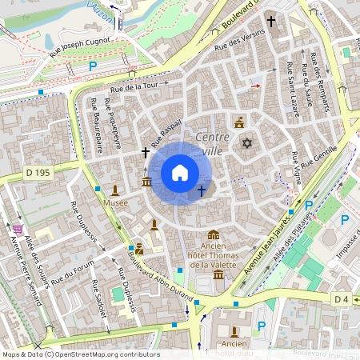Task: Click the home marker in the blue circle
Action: click(x=179, y=173)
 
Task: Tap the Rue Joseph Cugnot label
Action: click(x=83, y=45)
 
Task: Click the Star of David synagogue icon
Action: click(x=246, y=143)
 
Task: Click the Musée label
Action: click(x=115, y=203)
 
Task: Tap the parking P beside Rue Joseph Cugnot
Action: click(x=93, y=66)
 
